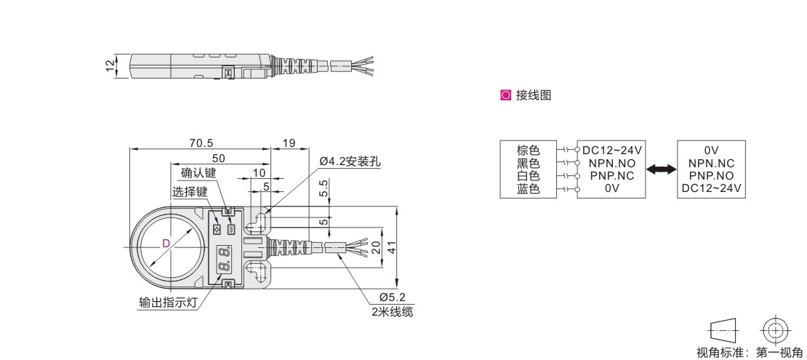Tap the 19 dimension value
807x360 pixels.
tap(289, 143)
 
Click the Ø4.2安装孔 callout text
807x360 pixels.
tap(350, 161)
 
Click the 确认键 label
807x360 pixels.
tap(198, 174)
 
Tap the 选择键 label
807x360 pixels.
tap(190, 192)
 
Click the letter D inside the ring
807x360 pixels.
tap(165, 244)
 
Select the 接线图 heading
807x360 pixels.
tap(533, 95)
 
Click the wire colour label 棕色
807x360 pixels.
tap(529, 151)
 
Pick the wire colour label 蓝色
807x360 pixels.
tap(529, 188)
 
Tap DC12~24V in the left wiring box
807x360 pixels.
tap(614, 151)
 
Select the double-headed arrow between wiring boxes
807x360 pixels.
tap(660, 169)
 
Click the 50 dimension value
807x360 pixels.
tap(218, 158)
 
